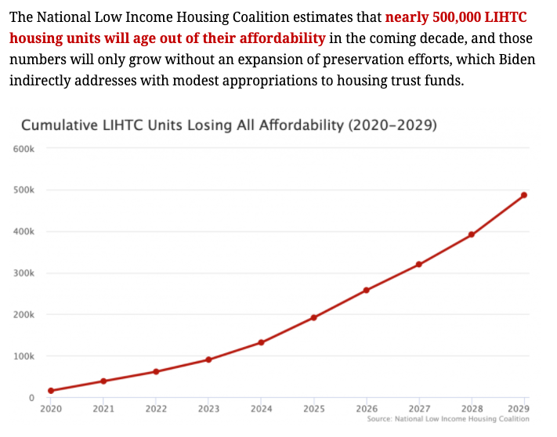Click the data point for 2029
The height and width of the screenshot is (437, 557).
[524, 195]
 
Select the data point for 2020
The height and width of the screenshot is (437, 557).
[51, 390]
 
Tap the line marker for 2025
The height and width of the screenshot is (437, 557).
[313, 317]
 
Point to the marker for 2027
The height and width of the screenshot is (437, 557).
[418, 264]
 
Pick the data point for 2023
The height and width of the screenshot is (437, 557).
[208, 359]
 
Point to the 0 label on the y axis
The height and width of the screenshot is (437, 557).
[31, 398]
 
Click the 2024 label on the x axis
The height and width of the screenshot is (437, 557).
[261, 409]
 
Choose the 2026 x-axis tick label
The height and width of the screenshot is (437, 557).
[366, 409]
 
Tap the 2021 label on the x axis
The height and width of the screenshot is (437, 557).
[103, 409]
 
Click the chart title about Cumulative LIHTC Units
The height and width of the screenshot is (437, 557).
[228, 125]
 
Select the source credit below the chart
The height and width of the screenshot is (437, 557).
[447, 420]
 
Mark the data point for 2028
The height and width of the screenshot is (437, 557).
[471, 234]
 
